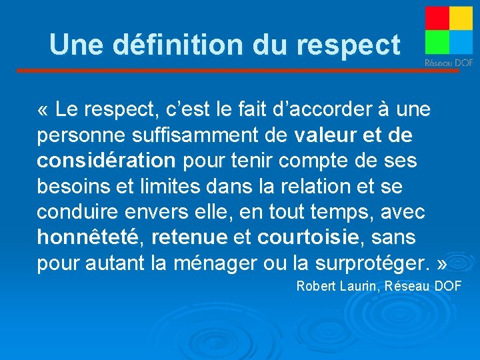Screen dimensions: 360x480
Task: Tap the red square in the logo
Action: [437, 18]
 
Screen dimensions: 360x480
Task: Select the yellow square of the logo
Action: [461, 18]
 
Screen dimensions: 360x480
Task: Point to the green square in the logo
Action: [437, 42]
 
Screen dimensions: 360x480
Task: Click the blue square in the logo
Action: [461, 42]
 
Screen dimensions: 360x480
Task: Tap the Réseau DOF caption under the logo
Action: [449, 63]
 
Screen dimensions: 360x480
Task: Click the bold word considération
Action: [106, 161]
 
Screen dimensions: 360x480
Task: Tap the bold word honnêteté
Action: [91, 237]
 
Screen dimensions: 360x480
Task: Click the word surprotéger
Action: [374, 262]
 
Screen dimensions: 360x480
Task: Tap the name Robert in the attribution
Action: [317, 287]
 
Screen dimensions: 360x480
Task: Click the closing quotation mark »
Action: [441, 262]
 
